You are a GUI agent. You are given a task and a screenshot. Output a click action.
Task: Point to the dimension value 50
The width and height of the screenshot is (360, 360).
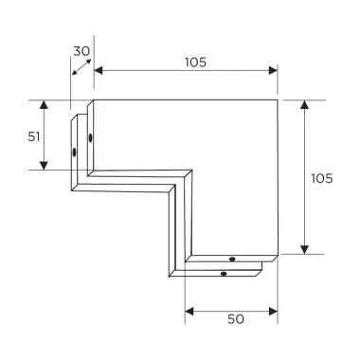235,319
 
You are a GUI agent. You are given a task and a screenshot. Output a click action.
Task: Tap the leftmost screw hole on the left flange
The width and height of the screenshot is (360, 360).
74,152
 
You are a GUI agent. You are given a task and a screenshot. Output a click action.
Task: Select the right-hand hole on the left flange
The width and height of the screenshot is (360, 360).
90,139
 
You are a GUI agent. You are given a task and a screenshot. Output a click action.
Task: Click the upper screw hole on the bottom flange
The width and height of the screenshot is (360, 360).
233,258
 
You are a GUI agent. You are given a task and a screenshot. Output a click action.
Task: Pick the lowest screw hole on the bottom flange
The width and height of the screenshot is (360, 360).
223,274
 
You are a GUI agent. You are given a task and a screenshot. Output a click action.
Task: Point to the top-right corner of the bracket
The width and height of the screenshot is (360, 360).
278,99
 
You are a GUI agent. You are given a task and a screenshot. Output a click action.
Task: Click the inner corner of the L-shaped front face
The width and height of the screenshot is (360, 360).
190,172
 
